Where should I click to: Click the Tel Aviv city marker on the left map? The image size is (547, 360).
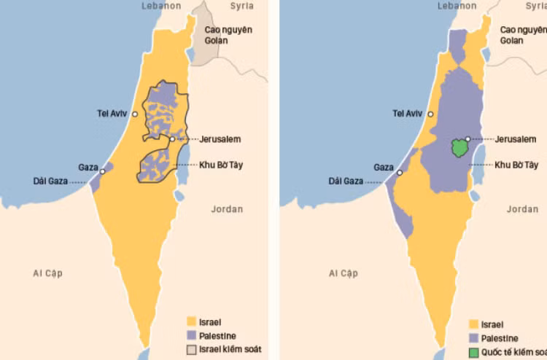tap(135, 114)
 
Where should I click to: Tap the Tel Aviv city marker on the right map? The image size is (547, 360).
tap(431, 114)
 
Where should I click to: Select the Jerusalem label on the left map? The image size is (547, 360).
tap(220, 138)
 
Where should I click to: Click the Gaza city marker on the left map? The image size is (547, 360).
tap(103, 171)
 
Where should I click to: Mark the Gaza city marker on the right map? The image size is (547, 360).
tap(399, 171)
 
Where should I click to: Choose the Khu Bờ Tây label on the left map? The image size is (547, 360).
tap(220, 165)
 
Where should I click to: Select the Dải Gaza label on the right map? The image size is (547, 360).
tap(346, 181)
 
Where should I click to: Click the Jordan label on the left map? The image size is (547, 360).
tap(227, 209)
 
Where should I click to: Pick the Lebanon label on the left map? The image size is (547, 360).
tap(160, 6)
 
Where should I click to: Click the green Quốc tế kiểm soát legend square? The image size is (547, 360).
tap(474, 353)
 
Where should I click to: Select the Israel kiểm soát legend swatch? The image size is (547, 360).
tap(193, 350)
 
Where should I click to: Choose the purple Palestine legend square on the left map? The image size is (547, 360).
tap(193, 335)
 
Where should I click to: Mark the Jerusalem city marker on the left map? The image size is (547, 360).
tap(172, 138)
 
